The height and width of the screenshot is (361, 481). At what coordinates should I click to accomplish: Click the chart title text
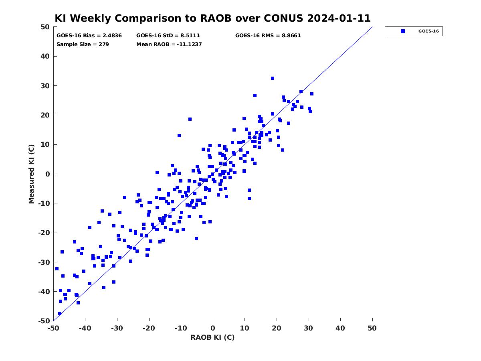(212, 18)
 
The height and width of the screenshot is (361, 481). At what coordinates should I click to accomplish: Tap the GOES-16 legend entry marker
(403, 31)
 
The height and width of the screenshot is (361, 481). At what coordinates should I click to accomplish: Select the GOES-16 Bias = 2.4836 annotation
(89, 36)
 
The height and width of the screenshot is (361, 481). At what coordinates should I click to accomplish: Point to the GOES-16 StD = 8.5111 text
(168, 36)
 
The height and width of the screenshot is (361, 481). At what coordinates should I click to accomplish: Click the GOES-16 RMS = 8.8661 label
(268, 36)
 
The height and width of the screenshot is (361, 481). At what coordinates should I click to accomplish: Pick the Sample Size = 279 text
(83, 44)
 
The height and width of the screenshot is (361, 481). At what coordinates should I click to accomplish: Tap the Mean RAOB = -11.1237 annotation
(169, 44)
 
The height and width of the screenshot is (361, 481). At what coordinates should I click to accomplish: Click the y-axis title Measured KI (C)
(31, 174)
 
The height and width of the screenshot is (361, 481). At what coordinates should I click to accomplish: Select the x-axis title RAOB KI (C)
(212, 337)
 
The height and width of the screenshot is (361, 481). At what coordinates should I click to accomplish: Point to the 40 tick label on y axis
(45, 56)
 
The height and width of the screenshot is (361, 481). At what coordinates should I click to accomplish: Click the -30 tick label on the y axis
(44, 262)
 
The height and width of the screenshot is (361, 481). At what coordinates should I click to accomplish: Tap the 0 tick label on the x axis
(213, 328)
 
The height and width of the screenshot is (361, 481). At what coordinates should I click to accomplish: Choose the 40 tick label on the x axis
(340, 328)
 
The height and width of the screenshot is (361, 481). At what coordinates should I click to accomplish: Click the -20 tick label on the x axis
(149, 328)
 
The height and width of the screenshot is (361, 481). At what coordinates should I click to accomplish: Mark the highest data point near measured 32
(273, 78)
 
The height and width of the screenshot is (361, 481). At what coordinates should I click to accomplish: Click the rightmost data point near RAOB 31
(311, 94)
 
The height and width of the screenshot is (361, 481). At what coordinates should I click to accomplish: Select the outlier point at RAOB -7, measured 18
(190, 119)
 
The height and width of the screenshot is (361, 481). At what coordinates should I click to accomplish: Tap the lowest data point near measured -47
(60, 314)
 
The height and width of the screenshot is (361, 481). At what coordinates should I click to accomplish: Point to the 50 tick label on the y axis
(45, 27)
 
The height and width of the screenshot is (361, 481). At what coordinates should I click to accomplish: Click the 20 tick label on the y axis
(45, 115)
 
